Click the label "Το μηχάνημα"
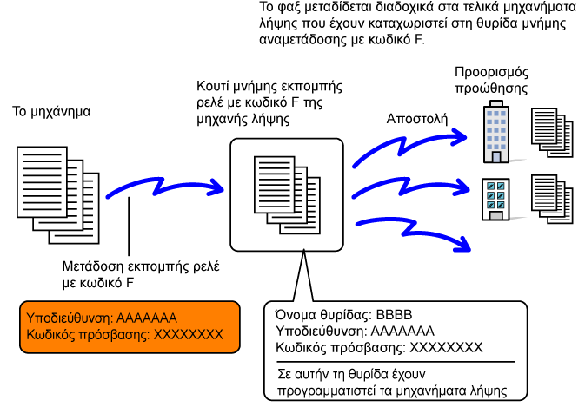click(51, 112)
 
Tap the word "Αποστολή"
click(416, 119)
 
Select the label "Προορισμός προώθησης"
click(491, 80)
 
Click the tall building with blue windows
click(496, 132)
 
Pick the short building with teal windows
click(495, 200)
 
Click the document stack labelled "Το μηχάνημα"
click(58, 195)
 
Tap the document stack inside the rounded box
click(287, 195)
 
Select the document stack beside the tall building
click(552, 133)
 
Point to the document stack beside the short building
click(552, 200)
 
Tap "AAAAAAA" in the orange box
click(147, 318)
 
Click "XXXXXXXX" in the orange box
click(189, 335)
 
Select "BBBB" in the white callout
click(394, 315)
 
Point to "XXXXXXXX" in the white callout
click(446, 348)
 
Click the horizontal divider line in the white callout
click(396, 362)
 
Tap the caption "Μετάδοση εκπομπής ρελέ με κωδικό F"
click(141, 275)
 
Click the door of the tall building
click(496, 157)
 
